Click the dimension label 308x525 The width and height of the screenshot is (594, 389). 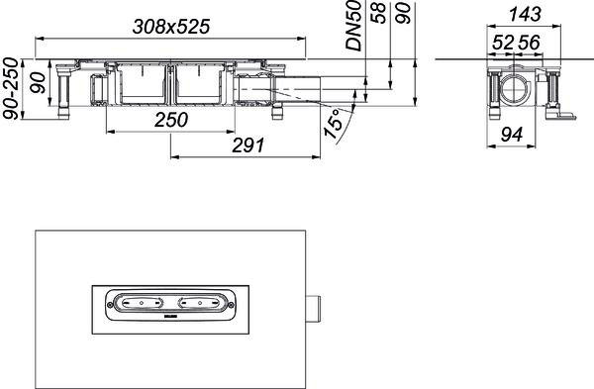click(171, 27)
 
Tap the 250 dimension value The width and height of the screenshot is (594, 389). click(171, 120)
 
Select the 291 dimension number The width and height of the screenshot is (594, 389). click(247, 146)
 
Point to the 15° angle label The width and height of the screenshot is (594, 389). click(333, 124)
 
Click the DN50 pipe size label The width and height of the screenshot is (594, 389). click(354, 26)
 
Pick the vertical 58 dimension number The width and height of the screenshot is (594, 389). click(379, 13)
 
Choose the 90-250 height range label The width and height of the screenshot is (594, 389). click(10, 88)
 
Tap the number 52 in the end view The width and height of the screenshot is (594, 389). click(503, 43)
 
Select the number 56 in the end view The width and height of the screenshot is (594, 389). click(529, 43)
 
